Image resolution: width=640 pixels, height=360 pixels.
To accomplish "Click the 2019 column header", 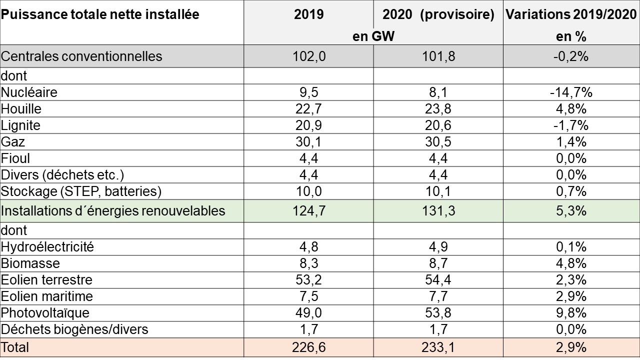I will click(308, 14).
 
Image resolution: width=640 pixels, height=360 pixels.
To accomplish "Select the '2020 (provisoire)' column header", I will click(438, 14).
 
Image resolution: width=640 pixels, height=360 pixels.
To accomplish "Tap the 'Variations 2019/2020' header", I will click(571, 14).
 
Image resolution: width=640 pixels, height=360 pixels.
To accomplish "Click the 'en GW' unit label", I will click(373, 36).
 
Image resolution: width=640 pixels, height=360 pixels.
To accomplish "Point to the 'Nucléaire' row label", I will click(29, 92).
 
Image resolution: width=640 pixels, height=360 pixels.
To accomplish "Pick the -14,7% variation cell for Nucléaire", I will click(571, 92).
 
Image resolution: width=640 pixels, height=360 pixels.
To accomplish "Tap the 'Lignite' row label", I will click(20, 125).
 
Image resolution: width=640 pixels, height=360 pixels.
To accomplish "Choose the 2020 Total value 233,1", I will click(438, 347).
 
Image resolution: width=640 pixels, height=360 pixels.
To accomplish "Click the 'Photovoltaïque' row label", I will click(45, 312).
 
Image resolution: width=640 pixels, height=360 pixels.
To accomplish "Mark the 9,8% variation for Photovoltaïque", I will click(571, 312).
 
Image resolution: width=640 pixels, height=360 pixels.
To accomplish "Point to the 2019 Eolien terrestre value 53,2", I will click(308, 279).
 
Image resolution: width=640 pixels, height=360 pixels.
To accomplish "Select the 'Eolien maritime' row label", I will click(47, 296).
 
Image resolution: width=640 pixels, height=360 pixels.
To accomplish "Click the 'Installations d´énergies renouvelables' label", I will click(113, 211).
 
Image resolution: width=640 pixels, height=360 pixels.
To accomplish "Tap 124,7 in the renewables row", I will click(308, 211).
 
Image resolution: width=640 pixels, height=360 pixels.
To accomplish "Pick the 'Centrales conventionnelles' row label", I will click(81, 56).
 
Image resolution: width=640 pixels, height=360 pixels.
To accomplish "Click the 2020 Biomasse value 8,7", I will click(438, 263).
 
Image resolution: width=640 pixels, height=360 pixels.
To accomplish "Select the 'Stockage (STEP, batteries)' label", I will click(81, 191).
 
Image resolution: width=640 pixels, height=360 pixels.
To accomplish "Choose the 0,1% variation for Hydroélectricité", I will click(571, 246).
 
